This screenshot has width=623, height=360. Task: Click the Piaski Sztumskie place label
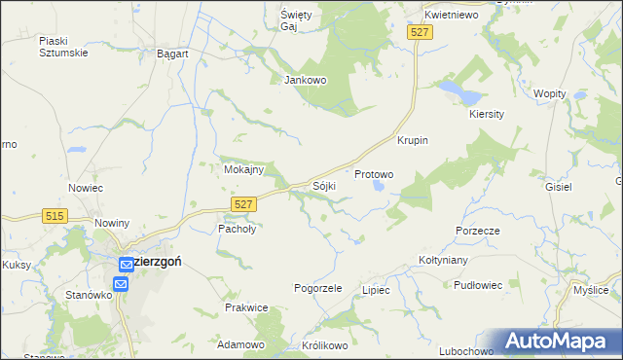(64, 46)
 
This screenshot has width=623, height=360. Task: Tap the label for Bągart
(172, 54)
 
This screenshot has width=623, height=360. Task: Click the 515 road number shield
(55, 216)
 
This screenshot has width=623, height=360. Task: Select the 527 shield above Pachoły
(244, 202)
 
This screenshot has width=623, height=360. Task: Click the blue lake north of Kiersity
(459, 93)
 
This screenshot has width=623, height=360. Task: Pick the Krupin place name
(413, 140)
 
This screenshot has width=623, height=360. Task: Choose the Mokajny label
(243, 169)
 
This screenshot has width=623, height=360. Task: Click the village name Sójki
(324, 184)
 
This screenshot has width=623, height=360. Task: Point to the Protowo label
(374, 175)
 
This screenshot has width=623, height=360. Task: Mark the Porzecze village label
(477, 231)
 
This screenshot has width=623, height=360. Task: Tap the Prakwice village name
(245, 307)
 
